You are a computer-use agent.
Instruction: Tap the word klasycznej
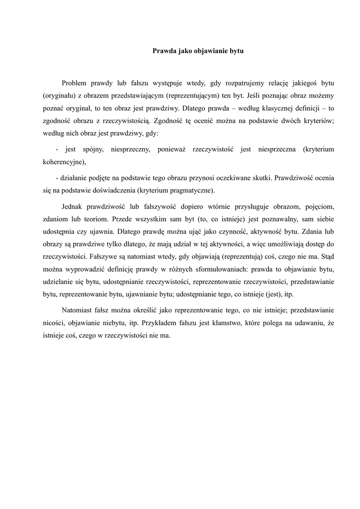271,108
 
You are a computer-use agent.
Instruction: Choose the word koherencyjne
63,162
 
